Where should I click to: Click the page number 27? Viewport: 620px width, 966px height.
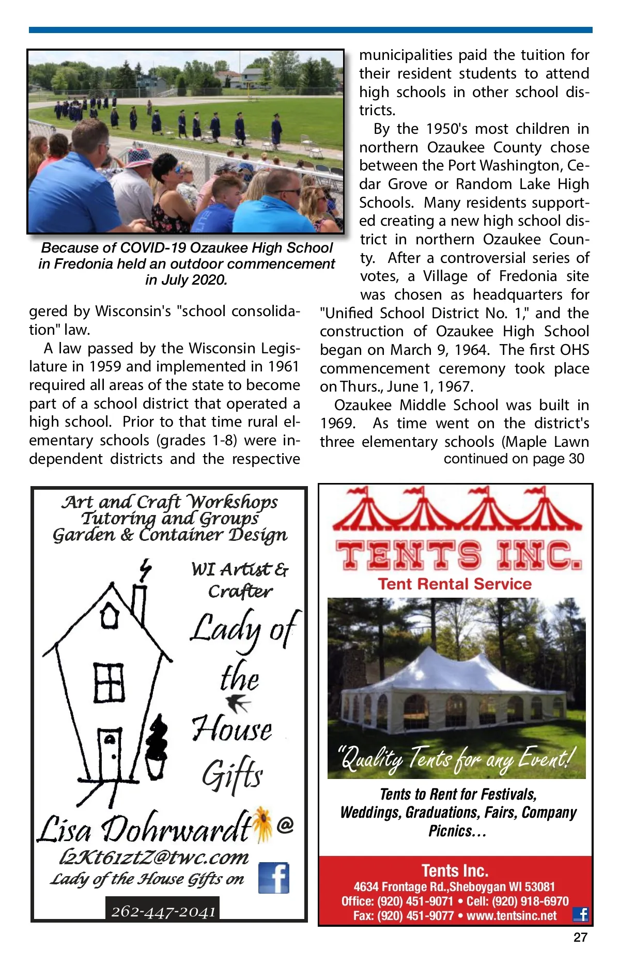point(580,937)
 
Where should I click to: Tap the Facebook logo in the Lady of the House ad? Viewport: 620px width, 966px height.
point(273,878)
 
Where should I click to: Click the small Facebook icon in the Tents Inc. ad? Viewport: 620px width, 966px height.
point(581,914)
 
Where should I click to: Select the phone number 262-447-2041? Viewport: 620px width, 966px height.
point(163,911)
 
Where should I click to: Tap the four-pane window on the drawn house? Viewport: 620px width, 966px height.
point(109,682)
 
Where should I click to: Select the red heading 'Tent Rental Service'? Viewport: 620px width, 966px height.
point(455,584)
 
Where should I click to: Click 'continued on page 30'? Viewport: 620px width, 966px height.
point(514,459)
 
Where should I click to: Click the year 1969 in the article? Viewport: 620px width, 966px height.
point(336,424)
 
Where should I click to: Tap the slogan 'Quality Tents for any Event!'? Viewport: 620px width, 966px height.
point(456,758)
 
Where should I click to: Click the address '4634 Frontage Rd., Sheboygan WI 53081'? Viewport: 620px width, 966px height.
point(454,887)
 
